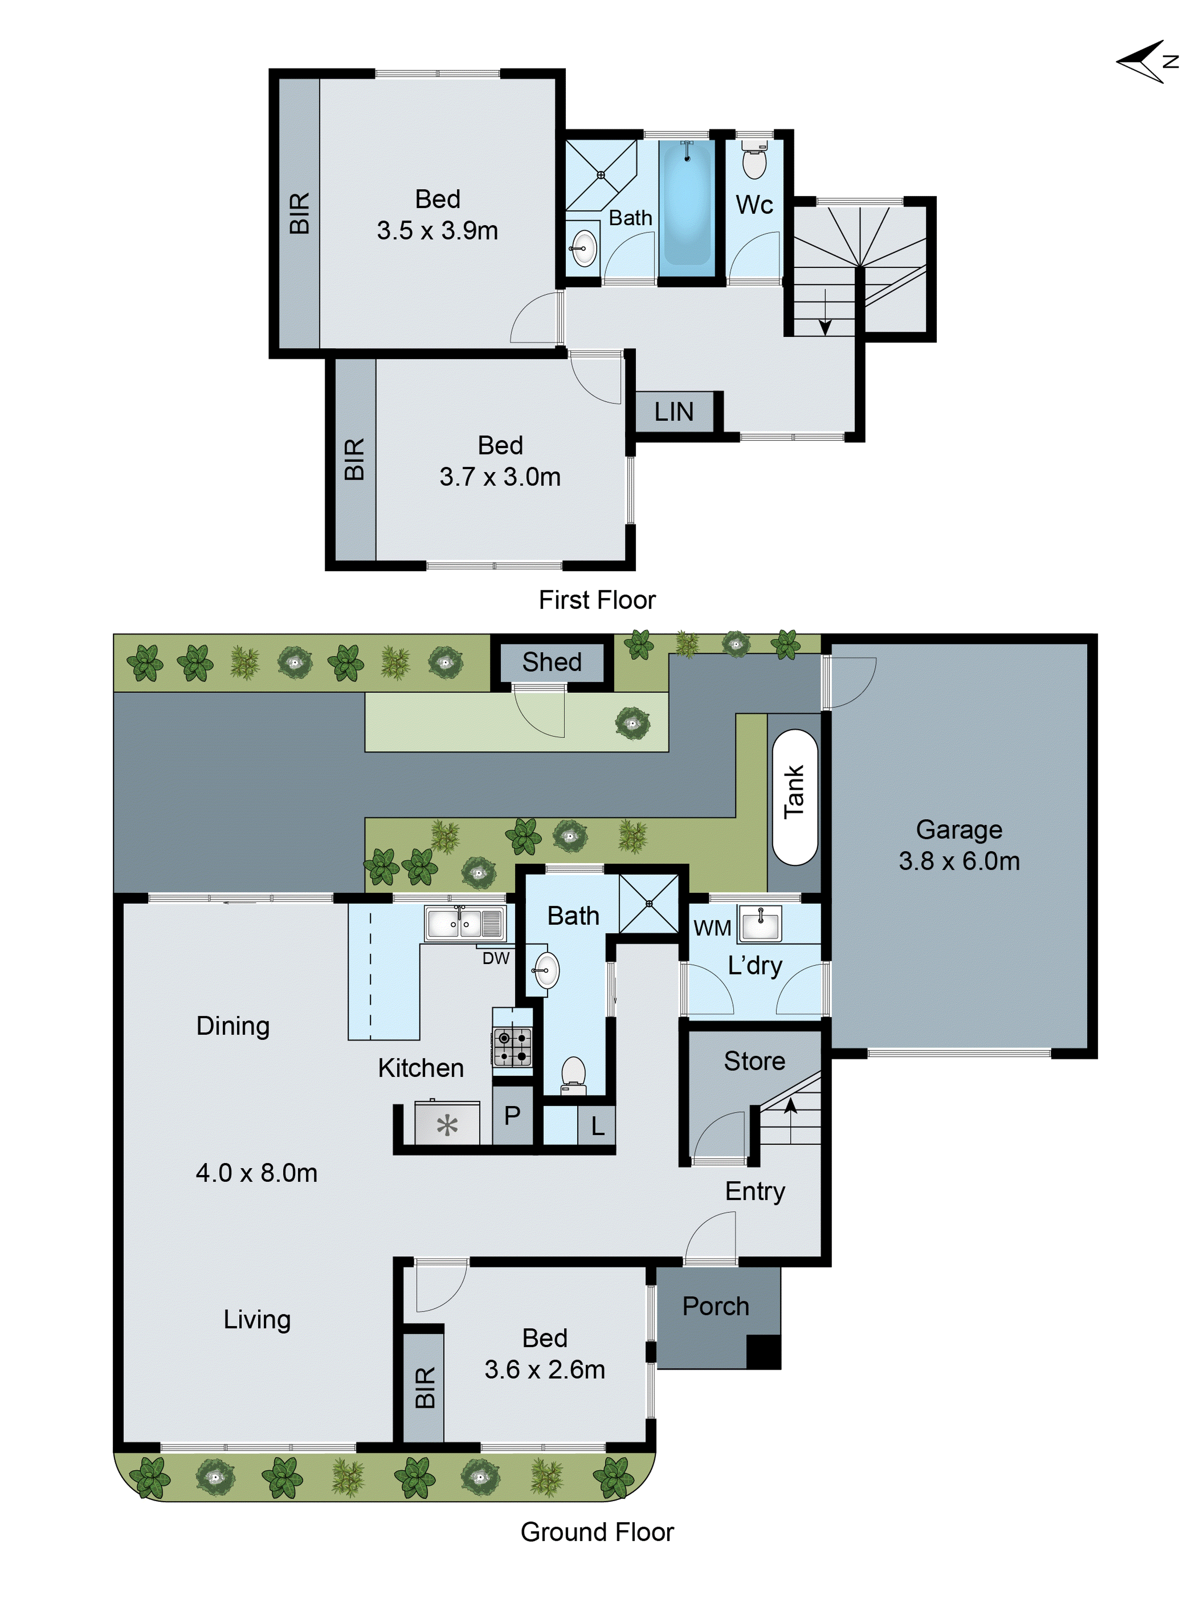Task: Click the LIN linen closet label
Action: [673, 412]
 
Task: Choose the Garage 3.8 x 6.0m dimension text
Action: [959, 861]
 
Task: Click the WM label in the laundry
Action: [712, 928]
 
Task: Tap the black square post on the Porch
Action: [763, 1352]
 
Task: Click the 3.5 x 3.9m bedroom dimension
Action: [437, 231]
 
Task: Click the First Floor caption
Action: [596, 600]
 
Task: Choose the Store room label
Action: [754, 1061]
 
